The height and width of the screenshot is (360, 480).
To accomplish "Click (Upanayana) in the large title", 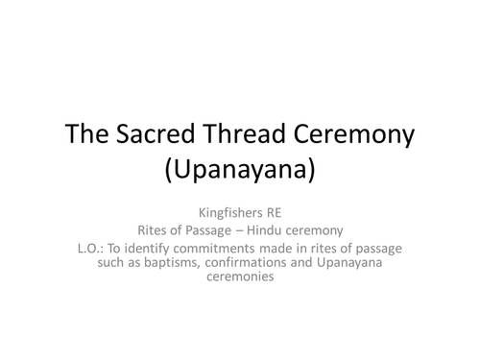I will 240,174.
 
